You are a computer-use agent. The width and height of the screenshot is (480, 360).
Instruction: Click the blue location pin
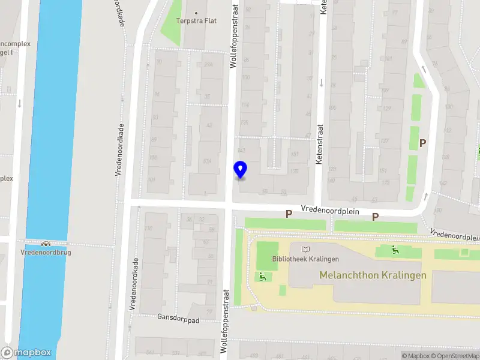pos(240,170)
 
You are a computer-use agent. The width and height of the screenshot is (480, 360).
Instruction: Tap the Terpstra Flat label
pos(196,21)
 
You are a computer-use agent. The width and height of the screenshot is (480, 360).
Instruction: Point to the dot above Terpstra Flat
pos(196,13)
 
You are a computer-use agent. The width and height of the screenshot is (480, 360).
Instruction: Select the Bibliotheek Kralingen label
pos(305,259)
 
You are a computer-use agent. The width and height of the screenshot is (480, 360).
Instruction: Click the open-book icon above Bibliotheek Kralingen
pos(306,248)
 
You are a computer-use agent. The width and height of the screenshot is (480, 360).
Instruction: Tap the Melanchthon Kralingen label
pos(373,275)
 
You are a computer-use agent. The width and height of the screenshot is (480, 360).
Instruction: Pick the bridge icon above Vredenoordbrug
pos(46,244)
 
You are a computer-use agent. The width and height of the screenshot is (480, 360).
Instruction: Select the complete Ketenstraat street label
pos(320,144)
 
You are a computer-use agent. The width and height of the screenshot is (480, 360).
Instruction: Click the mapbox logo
pos(26,353)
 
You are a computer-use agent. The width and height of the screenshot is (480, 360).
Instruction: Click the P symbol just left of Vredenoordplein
pos(289,214)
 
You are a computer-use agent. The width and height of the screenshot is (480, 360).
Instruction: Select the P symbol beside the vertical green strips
pos(423,143)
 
